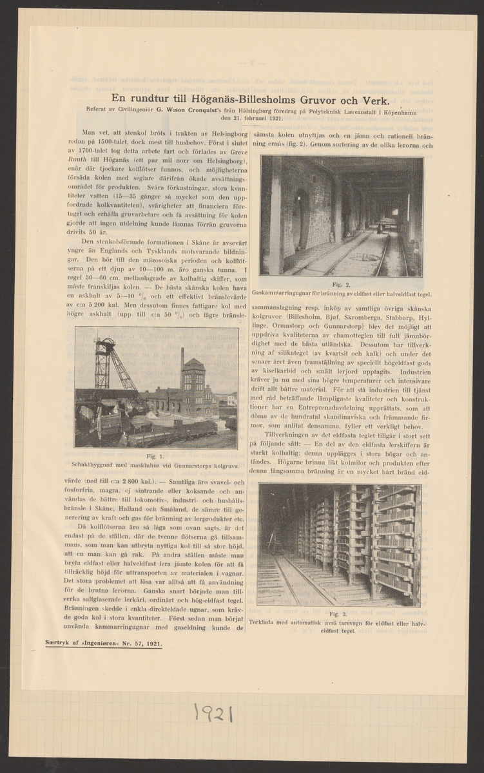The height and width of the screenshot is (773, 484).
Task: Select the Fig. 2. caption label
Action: click(342, 284)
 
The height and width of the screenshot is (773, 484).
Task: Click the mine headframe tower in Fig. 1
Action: click(104, 364)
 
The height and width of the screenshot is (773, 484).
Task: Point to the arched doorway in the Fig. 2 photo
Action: click(300, 220)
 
